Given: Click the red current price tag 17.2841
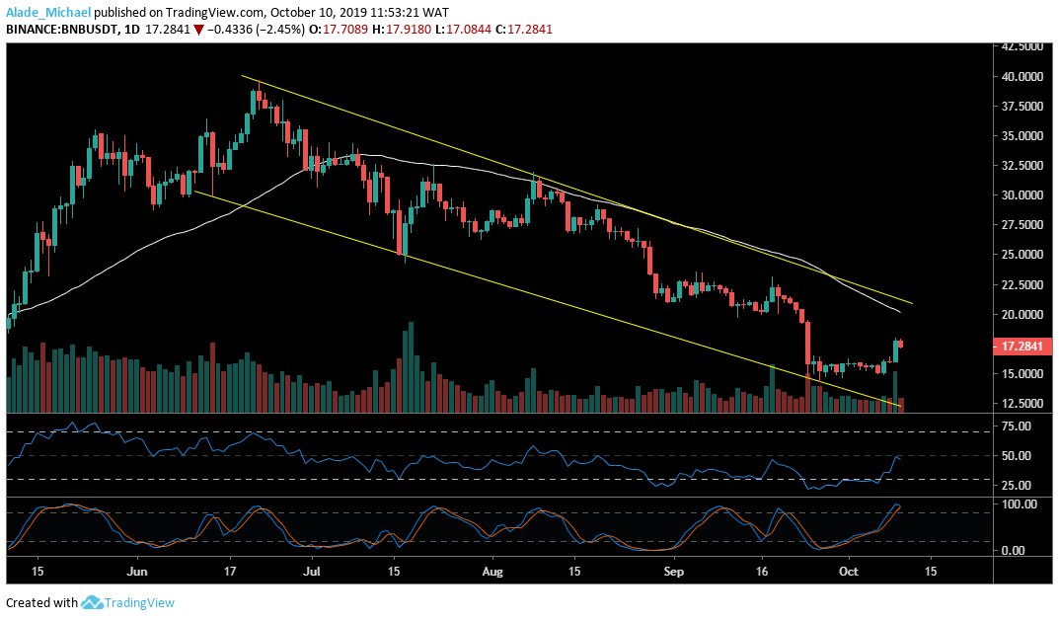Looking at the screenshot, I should (1021, 348).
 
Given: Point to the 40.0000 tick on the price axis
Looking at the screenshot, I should (1021, 76).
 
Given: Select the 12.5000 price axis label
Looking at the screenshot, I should (1021, 404).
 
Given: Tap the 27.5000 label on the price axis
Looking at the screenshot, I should (1021, 225).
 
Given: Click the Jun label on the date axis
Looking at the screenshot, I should (137, 572).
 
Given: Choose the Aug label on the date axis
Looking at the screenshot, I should (494, 572).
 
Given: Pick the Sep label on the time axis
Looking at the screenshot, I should (674, 572).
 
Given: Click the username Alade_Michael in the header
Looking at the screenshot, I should (47, 12).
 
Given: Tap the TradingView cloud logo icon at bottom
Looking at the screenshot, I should (93, 602).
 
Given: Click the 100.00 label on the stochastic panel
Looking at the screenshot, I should (1017, 504).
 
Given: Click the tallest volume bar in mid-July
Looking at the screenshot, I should (409, 366).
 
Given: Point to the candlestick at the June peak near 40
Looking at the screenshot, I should (255, 100).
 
